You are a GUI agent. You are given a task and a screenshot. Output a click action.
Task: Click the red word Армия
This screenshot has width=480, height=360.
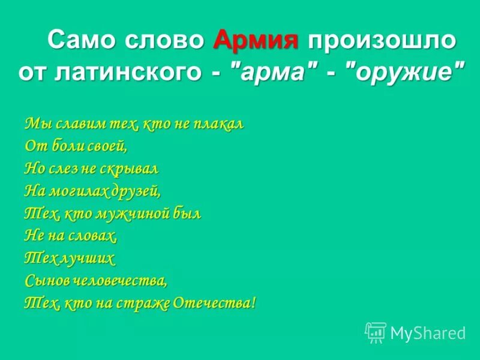tap(256, 40)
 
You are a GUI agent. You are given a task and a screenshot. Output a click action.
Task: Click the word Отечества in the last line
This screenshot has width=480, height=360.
tap(214, 303)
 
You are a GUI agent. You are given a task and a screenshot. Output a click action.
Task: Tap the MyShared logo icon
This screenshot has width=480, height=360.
tap(376, 332)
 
